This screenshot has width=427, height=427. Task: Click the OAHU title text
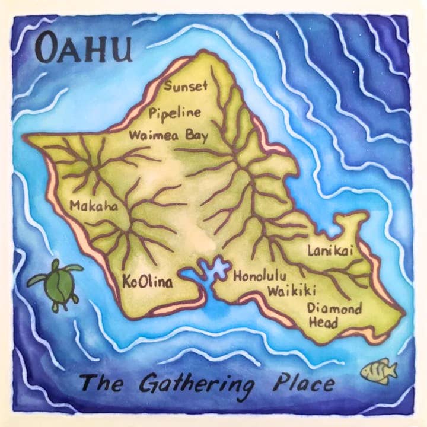pos(82,49)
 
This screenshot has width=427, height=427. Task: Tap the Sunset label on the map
pos(186,86)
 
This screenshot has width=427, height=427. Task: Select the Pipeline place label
pos(175,113)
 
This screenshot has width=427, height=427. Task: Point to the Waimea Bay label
pos(168,135)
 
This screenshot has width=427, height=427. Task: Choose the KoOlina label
pos(148,282)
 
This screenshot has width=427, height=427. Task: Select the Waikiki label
pos(291,291)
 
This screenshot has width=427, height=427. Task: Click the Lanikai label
pos(330,251)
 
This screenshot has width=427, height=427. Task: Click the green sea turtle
pos(57,283)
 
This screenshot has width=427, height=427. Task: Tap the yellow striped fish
pos(378,371)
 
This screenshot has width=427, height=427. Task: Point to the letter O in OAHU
pos(47,49)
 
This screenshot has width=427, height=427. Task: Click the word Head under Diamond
pos(323,323)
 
